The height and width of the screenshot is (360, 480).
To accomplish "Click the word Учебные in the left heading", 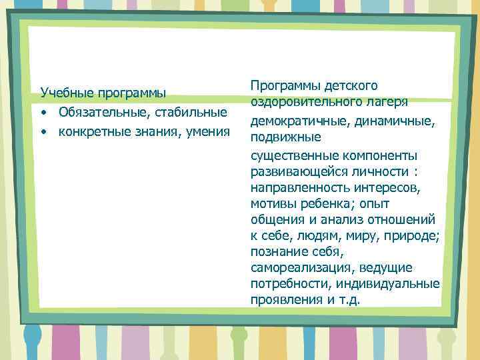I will click(x=65, y=92).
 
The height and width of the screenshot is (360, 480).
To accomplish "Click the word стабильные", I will click(x=193, y=110).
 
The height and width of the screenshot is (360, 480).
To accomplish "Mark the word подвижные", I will click(x=285, y=137).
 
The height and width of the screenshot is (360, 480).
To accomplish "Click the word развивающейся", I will click(x=293, y=172).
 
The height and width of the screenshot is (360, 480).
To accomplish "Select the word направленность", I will click(x=295, y=188).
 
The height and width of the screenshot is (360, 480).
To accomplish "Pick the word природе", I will click(x=413, y=236).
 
